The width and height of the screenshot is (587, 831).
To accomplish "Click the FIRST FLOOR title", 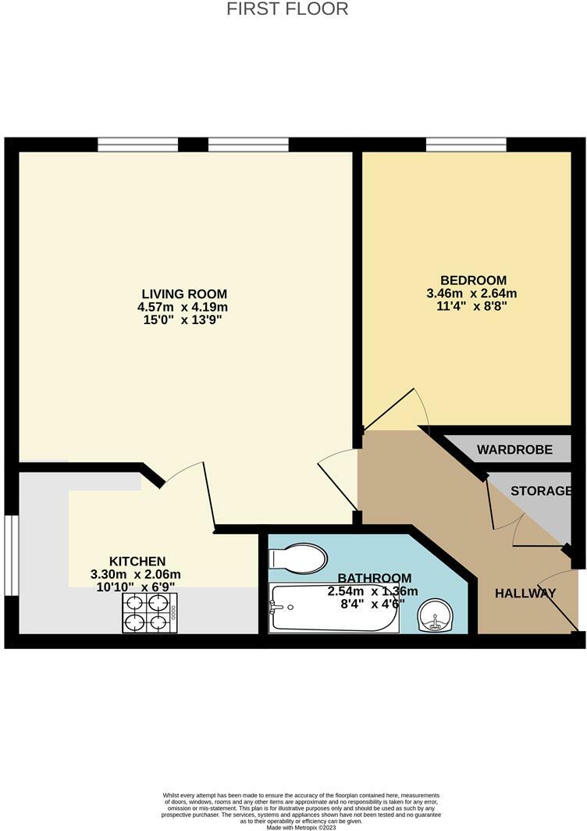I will (x=287, y=9).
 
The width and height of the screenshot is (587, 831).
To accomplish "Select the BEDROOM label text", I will (x=473, y=280).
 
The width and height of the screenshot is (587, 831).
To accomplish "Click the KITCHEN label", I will (x=137, y=561).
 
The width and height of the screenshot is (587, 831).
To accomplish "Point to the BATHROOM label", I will (x=374, y=578).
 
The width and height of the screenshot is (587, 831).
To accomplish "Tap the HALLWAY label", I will (x=525, y=593).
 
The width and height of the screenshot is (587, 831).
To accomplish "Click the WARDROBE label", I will (x=514, y=450).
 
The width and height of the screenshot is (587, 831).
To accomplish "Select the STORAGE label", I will (x=541, y=491).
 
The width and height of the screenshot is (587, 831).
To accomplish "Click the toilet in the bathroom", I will (x=297, y=558).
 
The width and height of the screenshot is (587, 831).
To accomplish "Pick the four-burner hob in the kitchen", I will (x=149, y=612).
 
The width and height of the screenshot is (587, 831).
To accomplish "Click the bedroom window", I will (x=466, y=144).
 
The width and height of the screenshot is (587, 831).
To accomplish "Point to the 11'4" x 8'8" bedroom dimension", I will (x=473, y=307).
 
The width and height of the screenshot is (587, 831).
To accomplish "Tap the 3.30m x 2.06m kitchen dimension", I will (x=137, y=574).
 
